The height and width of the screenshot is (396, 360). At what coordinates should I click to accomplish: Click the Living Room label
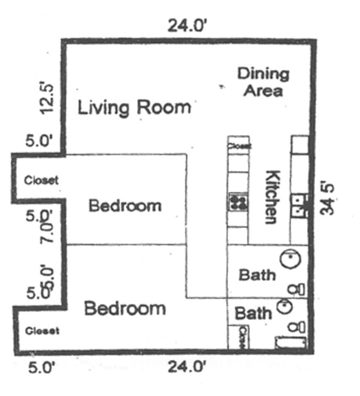134,108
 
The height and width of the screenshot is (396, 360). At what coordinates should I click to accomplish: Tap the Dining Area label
263,82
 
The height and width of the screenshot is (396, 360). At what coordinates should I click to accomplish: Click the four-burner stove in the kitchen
238,202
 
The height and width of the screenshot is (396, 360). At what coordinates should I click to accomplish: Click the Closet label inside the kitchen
239,146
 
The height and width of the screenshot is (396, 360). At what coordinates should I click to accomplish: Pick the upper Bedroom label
125,206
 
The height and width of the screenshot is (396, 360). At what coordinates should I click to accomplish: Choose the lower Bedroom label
125,309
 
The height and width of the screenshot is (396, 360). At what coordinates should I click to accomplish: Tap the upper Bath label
257,275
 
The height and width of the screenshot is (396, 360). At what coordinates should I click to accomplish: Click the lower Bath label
253,313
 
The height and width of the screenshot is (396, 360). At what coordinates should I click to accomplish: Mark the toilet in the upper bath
296,289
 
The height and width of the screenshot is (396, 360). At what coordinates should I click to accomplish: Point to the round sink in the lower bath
284,307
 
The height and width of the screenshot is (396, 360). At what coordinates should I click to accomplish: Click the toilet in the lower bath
297,327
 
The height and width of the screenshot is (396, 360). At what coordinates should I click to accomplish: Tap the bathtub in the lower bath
290,343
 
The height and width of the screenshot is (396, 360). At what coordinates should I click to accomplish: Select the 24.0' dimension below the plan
187,367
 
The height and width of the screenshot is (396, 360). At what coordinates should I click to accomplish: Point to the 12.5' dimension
47,97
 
